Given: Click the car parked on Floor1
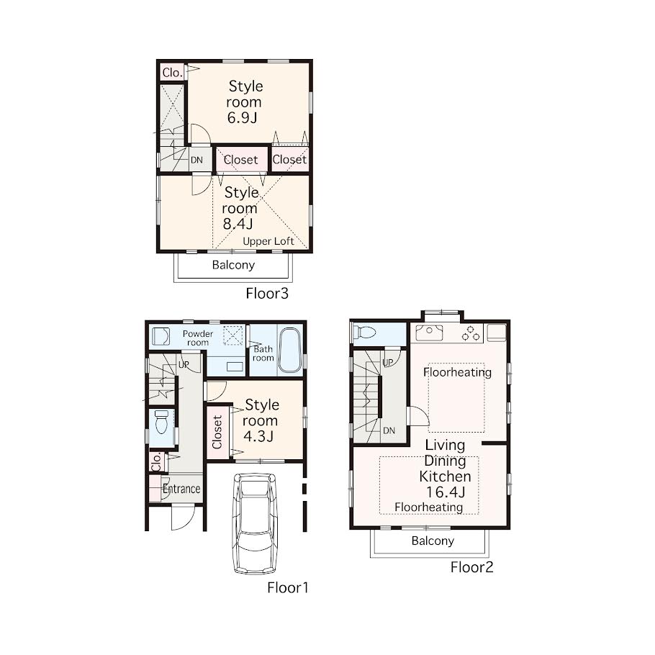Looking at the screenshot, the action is click(254, 523).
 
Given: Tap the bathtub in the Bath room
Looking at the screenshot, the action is click(290, 350).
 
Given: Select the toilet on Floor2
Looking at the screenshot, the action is click(365, 333).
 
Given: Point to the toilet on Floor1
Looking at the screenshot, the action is click(161, 422).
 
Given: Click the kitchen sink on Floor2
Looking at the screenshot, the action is click(429, 333).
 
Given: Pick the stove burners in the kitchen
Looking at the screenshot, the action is click(471, 333).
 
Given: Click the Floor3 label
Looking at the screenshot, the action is click(267, 293).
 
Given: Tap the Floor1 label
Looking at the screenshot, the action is click(288, 588).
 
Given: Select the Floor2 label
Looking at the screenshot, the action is click(471, 567).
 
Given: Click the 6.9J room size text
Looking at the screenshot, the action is click(242, 118).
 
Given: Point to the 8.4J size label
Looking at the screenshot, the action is click(238, 224).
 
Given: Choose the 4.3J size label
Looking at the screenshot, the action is click(258, 436).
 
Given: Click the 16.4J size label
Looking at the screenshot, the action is click(446, 492).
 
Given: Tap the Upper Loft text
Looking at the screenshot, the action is click(268, 241).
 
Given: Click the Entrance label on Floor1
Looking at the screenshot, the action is click(181, 489).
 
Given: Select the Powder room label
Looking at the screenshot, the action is click(198, 338).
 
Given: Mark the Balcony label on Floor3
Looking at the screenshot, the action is click(233, 265).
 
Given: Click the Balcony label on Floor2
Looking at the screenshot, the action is click(433, 541).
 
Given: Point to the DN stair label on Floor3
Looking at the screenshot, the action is click(196, 160).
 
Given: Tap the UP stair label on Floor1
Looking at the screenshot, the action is click(184, 365).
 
